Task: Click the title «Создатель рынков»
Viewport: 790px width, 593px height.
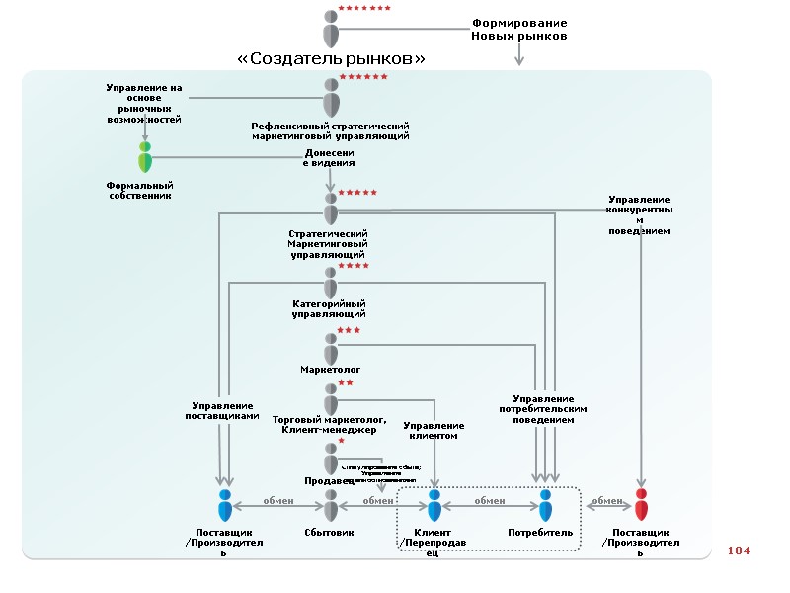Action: click(x=332, y=59)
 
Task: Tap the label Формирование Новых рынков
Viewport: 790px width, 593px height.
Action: click(x=519, y=29)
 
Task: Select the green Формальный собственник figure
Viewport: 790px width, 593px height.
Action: click(x=145, y=157)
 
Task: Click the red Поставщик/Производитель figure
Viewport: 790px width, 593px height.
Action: click(x=641, y=504)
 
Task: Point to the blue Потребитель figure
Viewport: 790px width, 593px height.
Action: click(x=545, y=504)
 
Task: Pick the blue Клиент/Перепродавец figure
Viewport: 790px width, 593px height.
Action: click(x=434, y=504)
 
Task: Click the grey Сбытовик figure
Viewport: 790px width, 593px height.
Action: click(x=331, y=504)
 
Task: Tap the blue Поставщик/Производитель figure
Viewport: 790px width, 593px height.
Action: click(x=225, y=504)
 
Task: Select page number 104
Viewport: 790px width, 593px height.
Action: click(x=739, y=550)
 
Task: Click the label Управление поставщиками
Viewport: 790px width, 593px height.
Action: click(x=222, y=410)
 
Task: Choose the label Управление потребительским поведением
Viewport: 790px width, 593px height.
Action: click(x=543, y=409)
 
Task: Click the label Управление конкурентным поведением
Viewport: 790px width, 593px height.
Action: click(x=640, y=215)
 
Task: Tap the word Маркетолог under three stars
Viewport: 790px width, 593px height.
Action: click(x=330, y=370)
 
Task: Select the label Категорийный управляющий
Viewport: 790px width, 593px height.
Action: click(x=330, y=308)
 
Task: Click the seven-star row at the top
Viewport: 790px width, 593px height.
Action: click(x=364, y=8)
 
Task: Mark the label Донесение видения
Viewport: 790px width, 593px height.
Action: click(x=329, y=158)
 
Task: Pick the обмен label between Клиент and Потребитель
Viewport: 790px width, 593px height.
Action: click(x=490, y=500)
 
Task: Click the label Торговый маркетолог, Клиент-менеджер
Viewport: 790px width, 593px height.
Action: click(x=329, y=425)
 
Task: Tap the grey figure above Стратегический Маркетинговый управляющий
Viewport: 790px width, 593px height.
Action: click(x=331, y=209)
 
